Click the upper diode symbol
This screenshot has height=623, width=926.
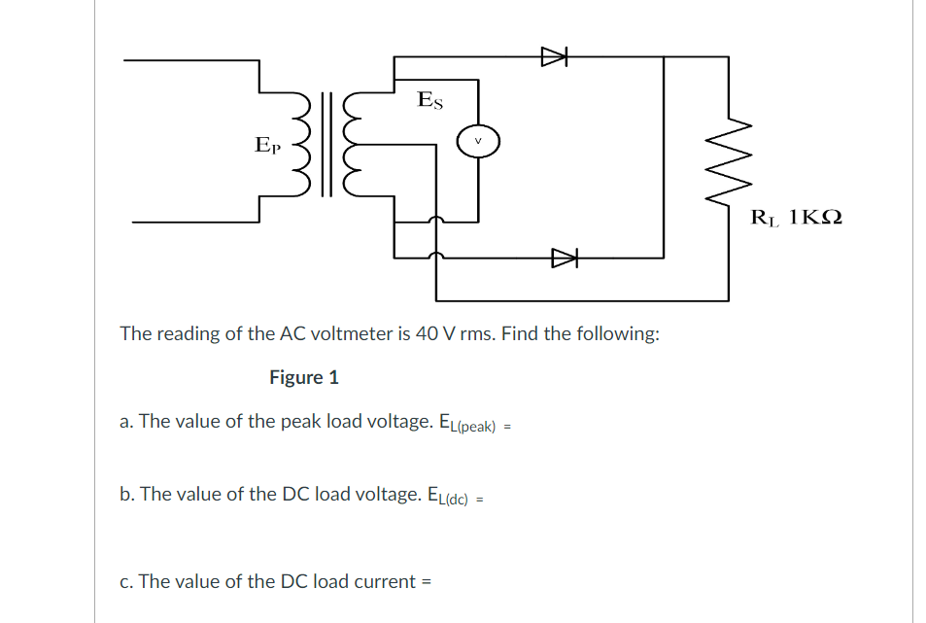pos(553,57)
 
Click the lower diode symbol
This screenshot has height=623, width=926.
pos(564,258)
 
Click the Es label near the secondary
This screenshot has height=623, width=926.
pos(429,99)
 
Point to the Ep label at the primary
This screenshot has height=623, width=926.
pos(267,146)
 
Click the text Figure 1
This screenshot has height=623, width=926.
pos(304,377)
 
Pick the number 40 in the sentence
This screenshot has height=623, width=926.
pos(426,333)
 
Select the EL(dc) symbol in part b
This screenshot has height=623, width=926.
pos(448,496)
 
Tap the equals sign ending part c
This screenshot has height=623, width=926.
pos(426,582)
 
